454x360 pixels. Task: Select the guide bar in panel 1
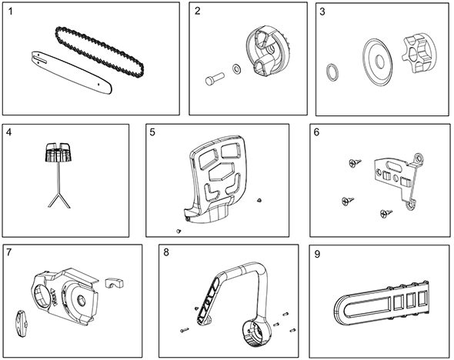tap(72, 72)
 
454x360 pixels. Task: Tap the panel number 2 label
tap(198, 11)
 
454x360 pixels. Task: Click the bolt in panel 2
tap(215, 78)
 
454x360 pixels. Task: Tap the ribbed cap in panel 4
tap(58, 152)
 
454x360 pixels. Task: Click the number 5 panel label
tap(152, 132)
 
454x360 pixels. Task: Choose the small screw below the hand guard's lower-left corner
tap(178, 231)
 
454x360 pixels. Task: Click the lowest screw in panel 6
tap(386, 214)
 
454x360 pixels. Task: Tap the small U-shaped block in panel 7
tap(115, 283)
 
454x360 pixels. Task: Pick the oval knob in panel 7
tap(21, 324)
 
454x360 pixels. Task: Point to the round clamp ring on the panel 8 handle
tap(256, 333)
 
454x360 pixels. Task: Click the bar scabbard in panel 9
tap(381, 302)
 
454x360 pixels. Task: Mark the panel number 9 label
tap(317, 254)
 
